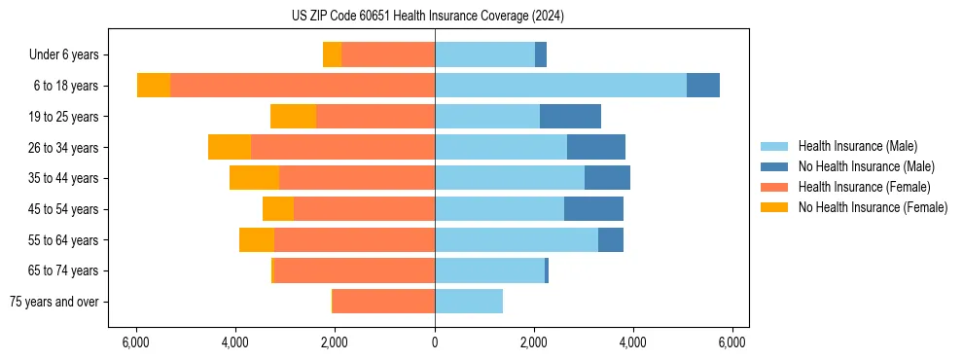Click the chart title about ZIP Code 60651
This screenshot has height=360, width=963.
(x=427, y=16)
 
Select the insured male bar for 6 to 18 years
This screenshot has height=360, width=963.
(x=560, y=86)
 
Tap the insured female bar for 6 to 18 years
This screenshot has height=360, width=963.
(x=302, y=86)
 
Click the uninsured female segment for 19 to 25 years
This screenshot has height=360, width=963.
(x=293, y=117)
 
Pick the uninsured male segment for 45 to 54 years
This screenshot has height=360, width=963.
(x=593, y=209)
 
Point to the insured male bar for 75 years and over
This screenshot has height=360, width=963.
(x=469, y=302)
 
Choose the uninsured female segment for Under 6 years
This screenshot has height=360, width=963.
(x=332, y=55)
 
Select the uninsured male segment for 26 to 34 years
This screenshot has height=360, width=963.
(x=596, y=148)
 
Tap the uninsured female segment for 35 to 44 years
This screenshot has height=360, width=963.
(x=254, y=178)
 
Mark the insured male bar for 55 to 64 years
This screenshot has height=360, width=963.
(x=517, y=240)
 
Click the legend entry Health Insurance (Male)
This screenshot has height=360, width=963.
(x=857, y=146)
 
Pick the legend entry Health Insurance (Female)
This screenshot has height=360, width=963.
(x=864, y=187)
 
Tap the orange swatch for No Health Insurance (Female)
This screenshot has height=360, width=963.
(x=774, y=207)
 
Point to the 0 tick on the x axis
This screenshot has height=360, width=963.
(x=435, y=342)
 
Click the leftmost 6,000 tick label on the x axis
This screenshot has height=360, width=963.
(x=136, y=342)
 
